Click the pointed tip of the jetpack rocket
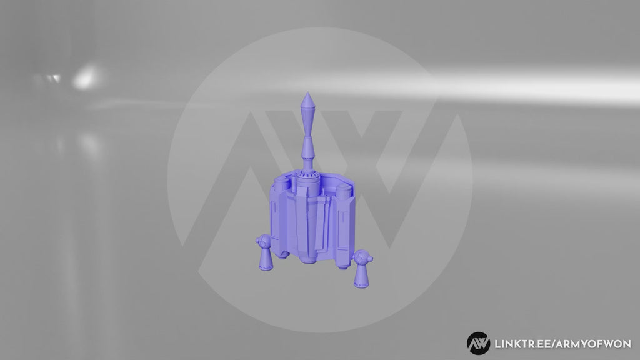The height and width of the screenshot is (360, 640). pos(307,95)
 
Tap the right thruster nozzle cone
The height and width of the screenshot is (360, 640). pos(360,274)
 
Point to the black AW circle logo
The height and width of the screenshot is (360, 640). pos(478,343)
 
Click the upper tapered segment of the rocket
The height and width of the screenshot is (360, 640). pos(307,116)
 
